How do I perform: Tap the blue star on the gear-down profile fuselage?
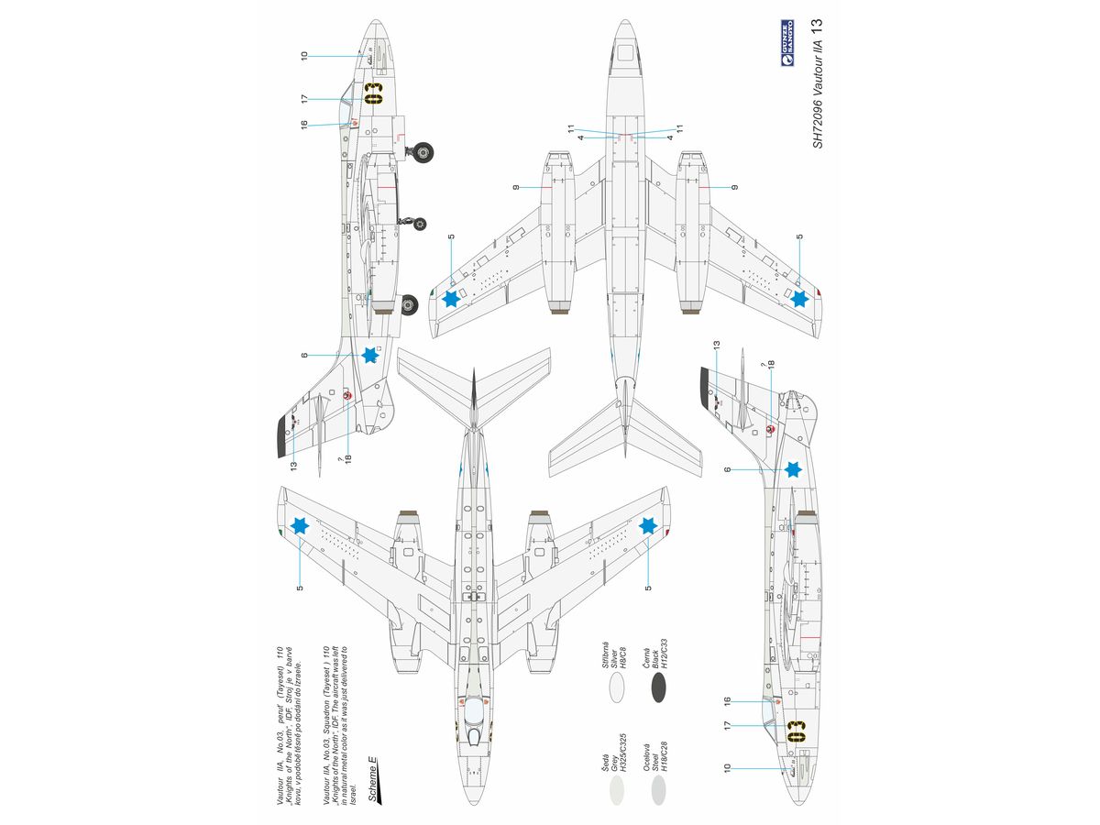[370, 355]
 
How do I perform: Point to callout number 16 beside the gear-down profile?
[303, 125]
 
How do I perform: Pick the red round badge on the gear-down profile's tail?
[347, 395]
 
